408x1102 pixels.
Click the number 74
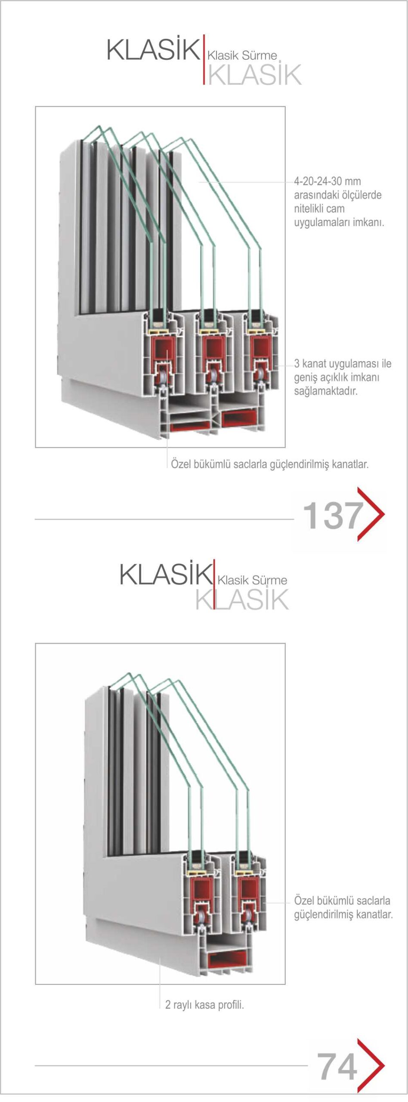[x=337, y=1066]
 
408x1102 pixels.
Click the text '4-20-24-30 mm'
[x=327, y=181]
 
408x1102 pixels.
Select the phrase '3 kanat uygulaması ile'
[x=343, y=363]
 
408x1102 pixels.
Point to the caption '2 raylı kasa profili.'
[x=204, y=1004]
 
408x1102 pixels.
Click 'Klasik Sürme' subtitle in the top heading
[x=242, y=56]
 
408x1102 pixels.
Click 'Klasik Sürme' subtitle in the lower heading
[x=252, y=580]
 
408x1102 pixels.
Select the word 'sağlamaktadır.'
[x=326, y=391]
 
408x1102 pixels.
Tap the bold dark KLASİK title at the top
[x=153, y=49]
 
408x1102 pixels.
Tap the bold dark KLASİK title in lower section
[x=166, y=574]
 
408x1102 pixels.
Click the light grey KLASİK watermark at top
[x=255, y=74]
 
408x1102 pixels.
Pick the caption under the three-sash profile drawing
[x=270, y=464]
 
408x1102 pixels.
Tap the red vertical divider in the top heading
[x=204, y=59]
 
